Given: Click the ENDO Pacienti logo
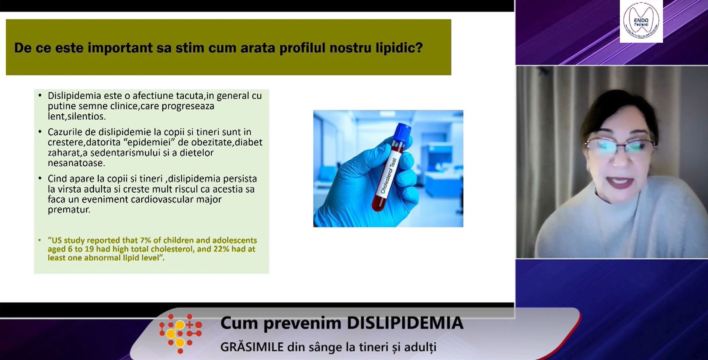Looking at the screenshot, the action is point(641,21).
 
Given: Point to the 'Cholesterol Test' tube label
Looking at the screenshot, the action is point(388,176).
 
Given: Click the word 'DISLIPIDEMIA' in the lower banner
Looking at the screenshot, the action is point(405,323).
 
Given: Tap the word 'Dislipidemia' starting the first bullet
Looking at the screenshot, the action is point(74,96).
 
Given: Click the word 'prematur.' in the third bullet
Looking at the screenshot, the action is point(69,210).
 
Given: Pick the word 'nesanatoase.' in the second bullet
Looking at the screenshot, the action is point(76,163).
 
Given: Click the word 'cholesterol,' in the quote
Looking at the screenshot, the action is point(172,249).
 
